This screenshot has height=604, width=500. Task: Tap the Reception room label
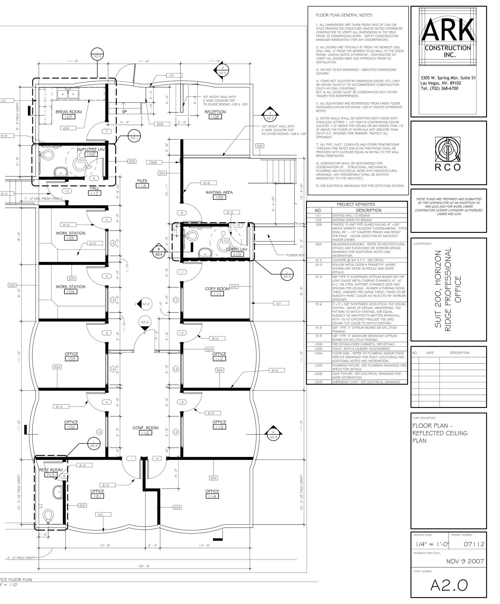[x=215, y=112]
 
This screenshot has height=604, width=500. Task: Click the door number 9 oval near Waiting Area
[x=182, y=213]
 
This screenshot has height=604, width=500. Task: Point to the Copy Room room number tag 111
[x=217, y=294]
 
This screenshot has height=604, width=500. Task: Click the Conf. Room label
[x=145, y=428]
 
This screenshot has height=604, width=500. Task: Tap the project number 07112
[x=474, y=545]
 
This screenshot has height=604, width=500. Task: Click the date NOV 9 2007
[x=465, y=561]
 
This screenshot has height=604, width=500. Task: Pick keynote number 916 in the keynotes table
[x=319, y=304]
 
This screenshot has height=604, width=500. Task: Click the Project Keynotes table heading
[x=356, y=204]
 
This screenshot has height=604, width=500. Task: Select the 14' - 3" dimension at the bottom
[x=204, y=545]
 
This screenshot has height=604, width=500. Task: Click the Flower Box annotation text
[x=295, y=255]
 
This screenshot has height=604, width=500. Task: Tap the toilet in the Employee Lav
[x=47, y=155]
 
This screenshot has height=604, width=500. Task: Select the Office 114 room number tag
[x=212, y=496]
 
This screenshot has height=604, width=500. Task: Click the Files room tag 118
[x=142, y=186]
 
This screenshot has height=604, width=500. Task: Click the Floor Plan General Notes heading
[x=344, y=15]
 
